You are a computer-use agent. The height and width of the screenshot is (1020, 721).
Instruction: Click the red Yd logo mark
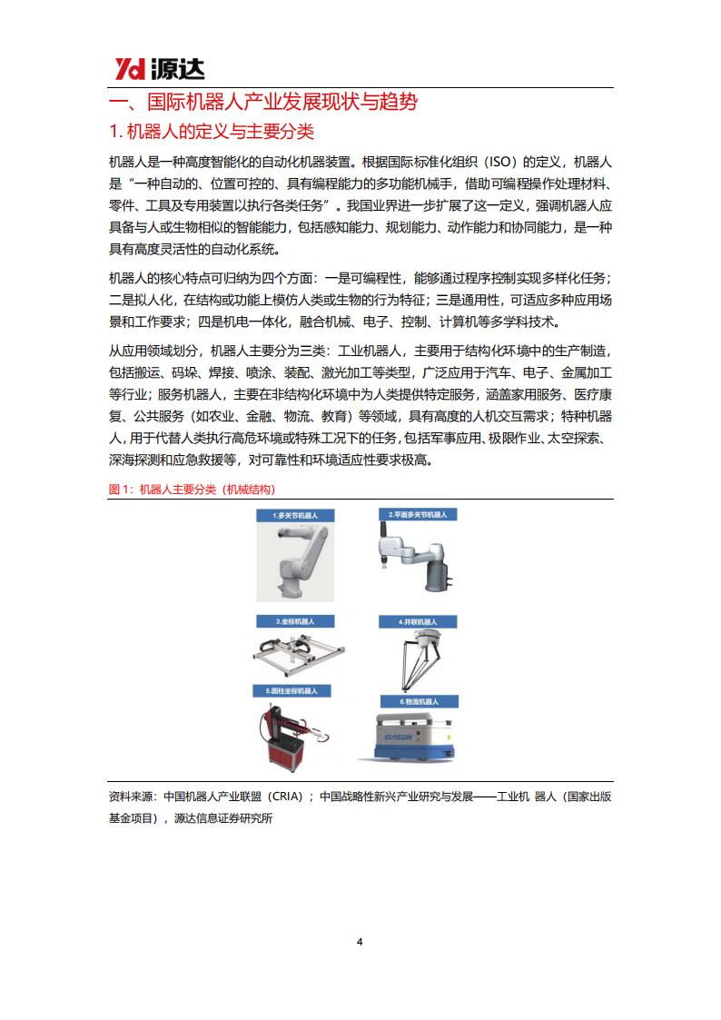pyautogui.click(x=131, y=68)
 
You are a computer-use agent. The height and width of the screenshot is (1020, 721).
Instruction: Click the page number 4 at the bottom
pyautogui.click(x=360, y=942)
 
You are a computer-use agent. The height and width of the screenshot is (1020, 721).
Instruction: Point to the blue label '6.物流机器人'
pyautogui.click(x=419, y=701)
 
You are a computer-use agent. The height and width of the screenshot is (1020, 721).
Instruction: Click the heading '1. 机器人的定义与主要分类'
pyautogui.click(x=211, y=132)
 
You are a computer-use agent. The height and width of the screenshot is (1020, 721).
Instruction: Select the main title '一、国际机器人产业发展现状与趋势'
pyautogui.click(x=262, y=102)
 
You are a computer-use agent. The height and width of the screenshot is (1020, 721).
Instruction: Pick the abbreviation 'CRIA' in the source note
pyautogui.click(x=283, y=797)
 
